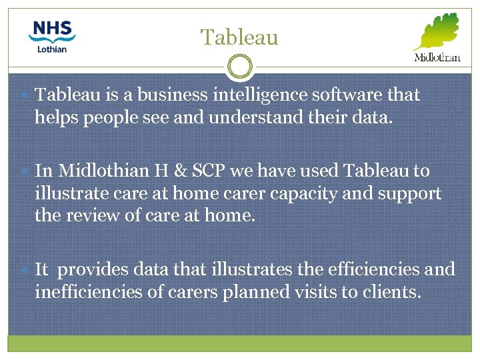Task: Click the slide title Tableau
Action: tap(239, 37)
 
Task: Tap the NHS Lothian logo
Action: tap(53, 36)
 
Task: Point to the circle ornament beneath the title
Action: tap(240, 67)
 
